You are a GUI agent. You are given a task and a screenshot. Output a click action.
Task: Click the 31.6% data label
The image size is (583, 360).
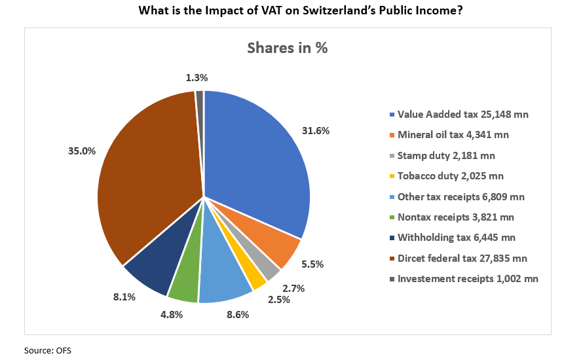tap(317, 130)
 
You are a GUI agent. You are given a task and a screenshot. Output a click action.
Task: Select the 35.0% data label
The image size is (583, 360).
tap(82, 151)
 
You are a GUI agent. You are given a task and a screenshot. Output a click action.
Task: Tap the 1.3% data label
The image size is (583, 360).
tap(197, 77)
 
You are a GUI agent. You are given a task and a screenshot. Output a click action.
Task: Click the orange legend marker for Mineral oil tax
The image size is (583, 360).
tap(392, 135)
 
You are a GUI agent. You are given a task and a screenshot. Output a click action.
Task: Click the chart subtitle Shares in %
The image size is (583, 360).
tap(287, 48)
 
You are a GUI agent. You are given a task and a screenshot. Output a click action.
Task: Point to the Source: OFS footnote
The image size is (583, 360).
tap(47, 350)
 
